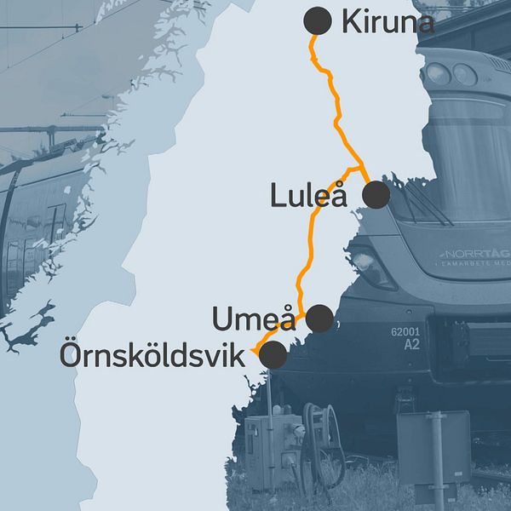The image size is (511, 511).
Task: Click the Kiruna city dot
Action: (x=317, y=20)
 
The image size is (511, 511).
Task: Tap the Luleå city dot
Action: (x=376, y=195)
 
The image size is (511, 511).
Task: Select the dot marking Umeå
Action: (x=319, y=319)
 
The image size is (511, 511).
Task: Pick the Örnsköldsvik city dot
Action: (x=273, y=355)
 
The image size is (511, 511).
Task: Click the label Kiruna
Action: (x=388, y=22)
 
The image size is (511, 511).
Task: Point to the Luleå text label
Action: (x=308, y=196)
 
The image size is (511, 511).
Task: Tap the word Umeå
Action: (x=253, y=319)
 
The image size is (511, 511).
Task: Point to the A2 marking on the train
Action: (x=412, y=344)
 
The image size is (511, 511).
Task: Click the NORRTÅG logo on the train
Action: (x=473, y=254)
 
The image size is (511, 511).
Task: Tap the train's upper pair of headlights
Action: (x=451, y=74)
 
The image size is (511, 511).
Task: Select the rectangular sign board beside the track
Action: (x=433, y=446)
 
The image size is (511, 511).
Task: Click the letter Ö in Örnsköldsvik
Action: (x=71, y=355)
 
